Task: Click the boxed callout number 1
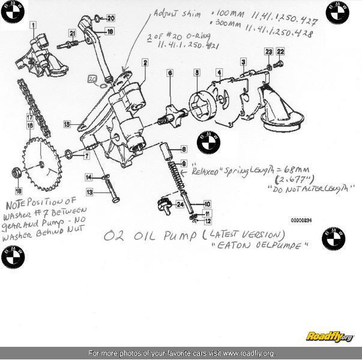coord(33,26)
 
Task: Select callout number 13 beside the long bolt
coord(89,193)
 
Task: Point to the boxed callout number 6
coord(170,73)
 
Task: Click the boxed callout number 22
coord(280,52)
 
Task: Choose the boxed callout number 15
coord(67,124)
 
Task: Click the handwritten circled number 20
coord(92,79)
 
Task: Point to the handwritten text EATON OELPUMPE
coord(276,246)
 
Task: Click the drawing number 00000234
coord(301,220)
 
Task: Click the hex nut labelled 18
coord(17,173)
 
